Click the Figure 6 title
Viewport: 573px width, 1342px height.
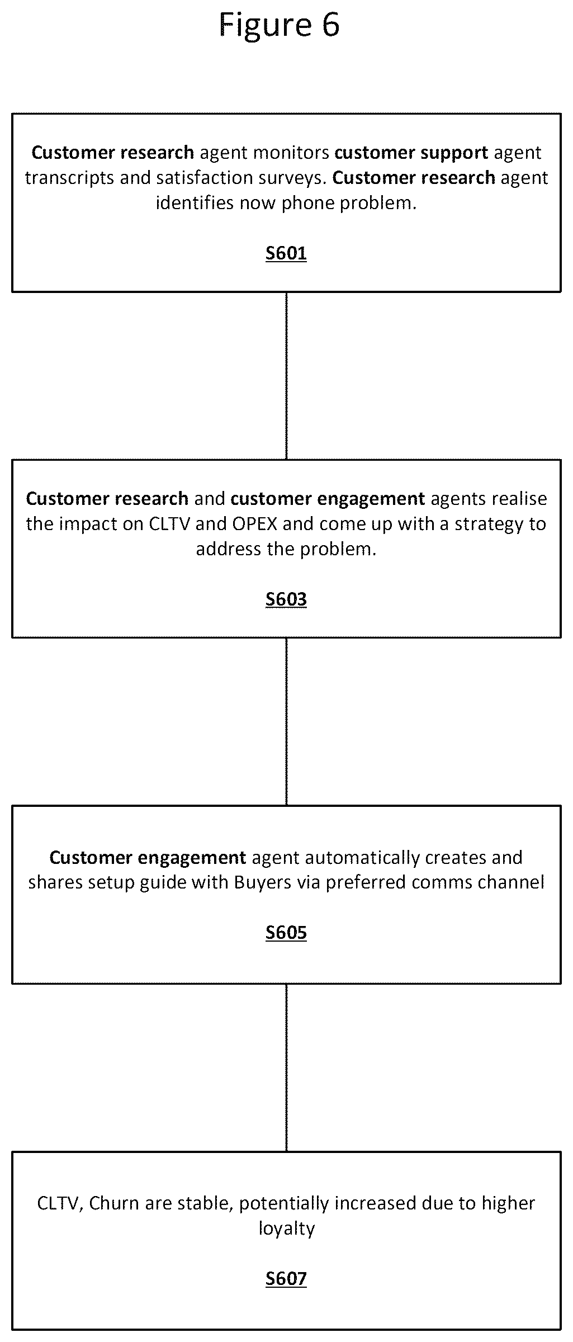[x=279, y=25]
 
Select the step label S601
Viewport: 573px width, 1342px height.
[x=286, y=253]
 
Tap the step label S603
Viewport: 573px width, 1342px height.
[x=286, y=599]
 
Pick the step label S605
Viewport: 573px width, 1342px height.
[x=286, y=933]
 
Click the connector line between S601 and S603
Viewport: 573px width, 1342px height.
[x=286, y=376]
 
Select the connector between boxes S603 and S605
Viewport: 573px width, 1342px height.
[x=286, y=722]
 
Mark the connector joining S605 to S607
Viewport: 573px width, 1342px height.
[x=286, y=1067]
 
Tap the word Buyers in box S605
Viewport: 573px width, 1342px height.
[x=263, y=883]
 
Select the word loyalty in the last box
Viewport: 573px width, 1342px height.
[x=286, y=1229]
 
